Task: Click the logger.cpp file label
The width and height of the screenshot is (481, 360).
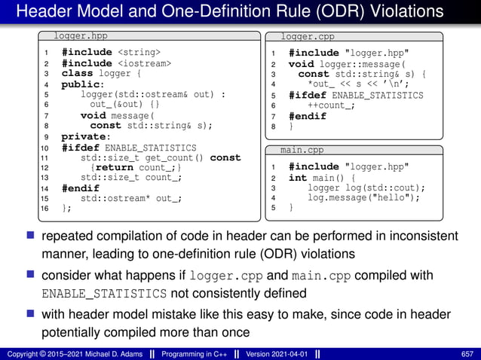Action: click(x=308, y=36)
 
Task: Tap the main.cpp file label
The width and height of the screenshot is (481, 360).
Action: click(x=302, y=150)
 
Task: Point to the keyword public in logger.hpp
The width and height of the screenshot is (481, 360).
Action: click(x=81, y=84)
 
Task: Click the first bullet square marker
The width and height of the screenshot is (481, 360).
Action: click(x=32, y=236)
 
